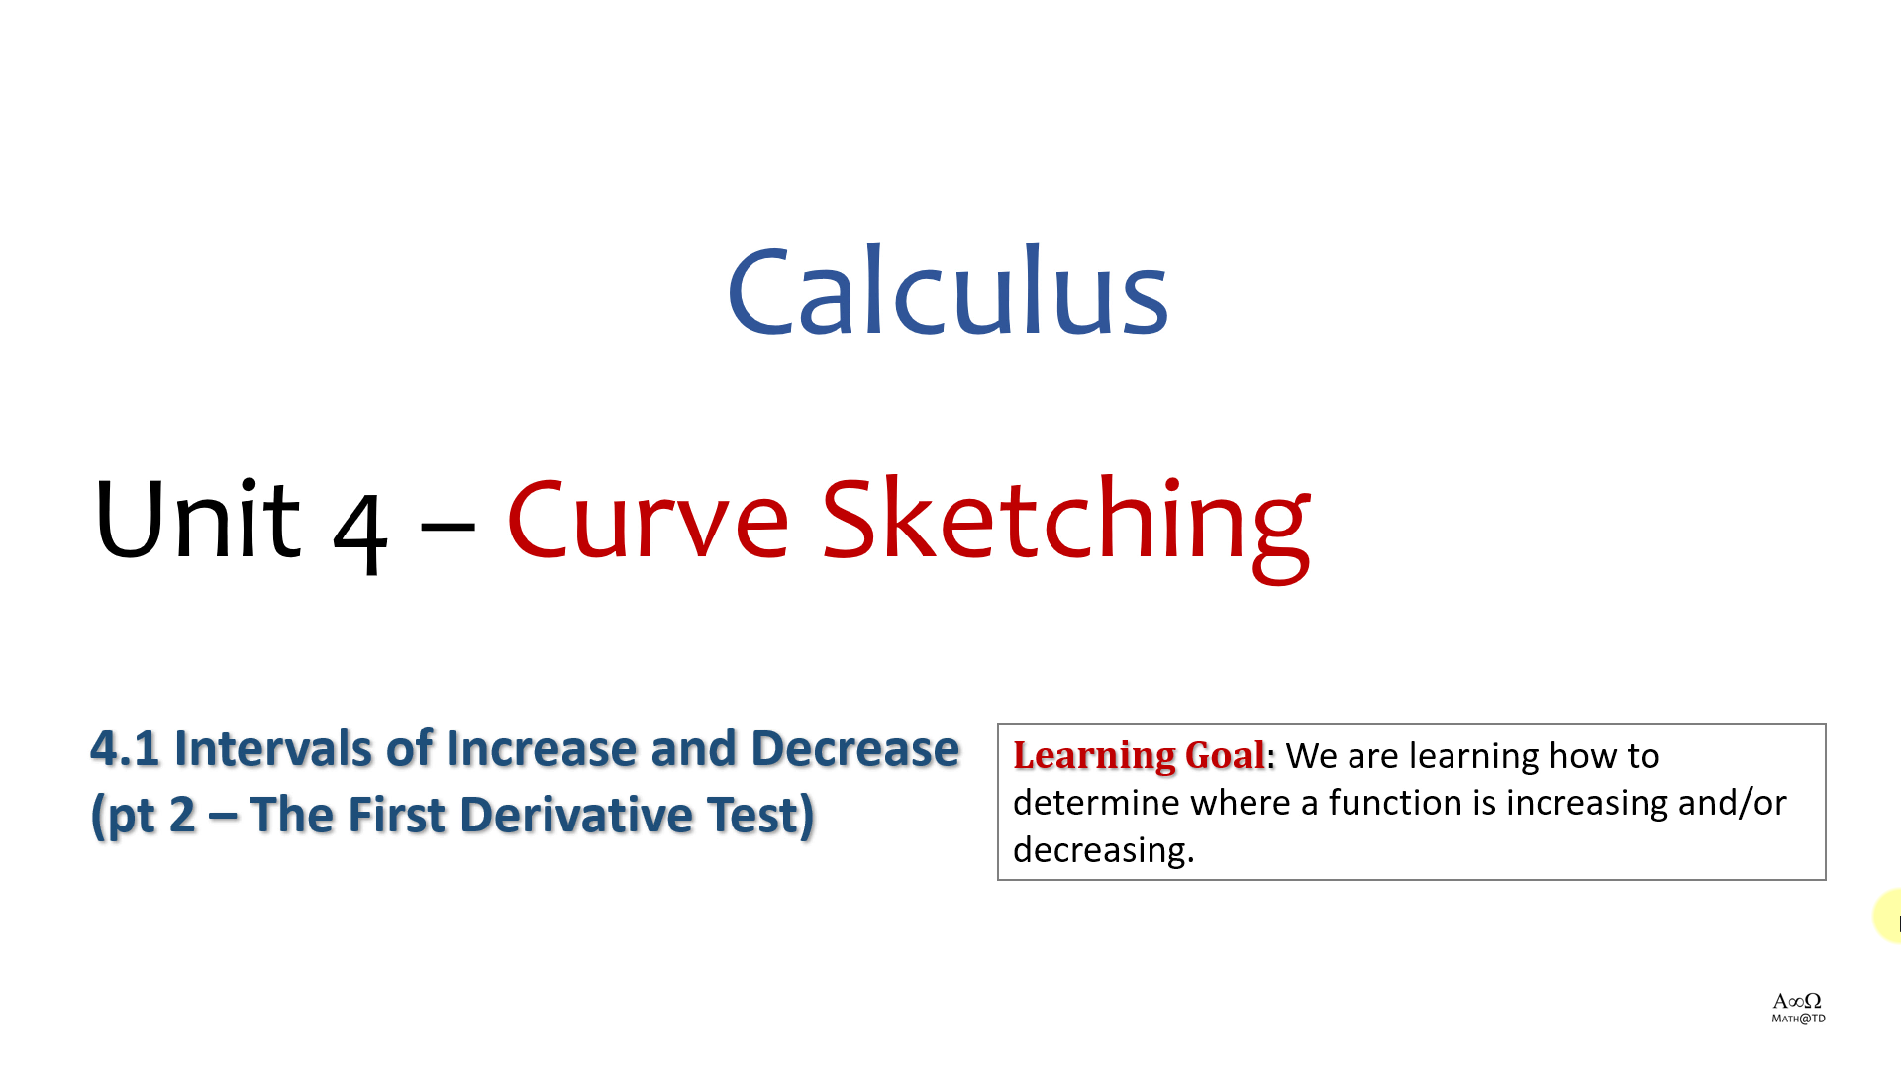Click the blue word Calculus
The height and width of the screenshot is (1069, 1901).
949,290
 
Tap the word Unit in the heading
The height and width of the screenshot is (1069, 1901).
197,519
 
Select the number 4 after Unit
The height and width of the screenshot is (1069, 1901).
359,533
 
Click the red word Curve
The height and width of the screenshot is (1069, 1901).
648,519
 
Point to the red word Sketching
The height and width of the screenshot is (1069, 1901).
1066,527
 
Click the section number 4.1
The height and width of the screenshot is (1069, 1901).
125,748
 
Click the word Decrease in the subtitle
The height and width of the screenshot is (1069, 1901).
855,748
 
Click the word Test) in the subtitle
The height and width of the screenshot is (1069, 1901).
760,816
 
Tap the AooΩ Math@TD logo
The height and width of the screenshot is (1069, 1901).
1798,1008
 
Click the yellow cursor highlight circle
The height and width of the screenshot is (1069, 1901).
1889,916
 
